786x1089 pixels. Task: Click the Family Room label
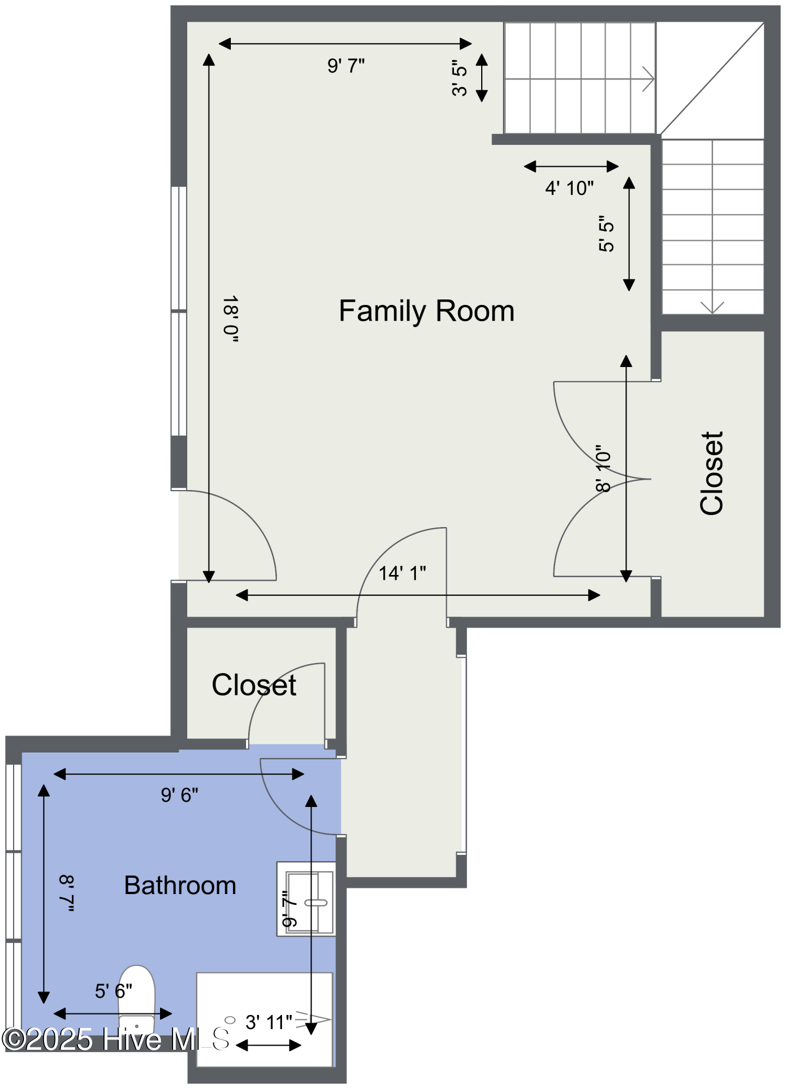[427, 311]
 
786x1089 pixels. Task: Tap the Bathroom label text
[180, 885]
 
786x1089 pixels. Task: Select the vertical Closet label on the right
[712, 473]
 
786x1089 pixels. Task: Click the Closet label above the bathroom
[254, 685]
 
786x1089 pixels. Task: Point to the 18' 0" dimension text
[231, 319]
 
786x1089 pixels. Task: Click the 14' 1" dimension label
[402, 573]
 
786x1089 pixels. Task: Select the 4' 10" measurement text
[569, 188]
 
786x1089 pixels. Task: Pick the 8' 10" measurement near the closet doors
[603, 469]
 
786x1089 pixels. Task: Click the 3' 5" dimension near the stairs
[459, 78]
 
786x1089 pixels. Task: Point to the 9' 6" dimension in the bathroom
[180, 796]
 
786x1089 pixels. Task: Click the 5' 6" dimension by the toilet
[114, 992]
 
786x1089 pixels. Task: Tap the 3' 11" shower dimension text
[269, 1023]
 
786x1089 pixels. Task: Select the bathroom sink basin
[309, 902]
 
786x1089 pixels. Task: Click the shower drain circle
[230, 1020]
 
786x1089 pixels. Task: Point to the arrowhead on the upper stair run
[649, 79]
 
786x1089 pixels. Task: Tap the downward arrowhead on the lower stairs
[712, 308]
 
